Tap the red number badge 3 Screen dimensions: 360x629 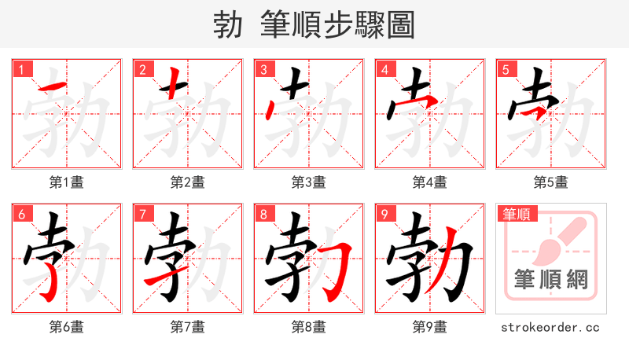pyautogui.click(x=264, y=69)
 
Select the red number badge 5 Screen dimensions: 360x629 pyautogui.click(x=506, y=69)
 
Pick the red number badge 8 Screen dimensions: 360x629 pyautogui.click(x=264, y=214)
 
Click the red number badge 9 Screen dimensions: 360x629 pyautogui.click(x=385, y=214)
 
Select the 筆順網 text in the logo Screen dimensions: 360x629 pyautogui.click(x=551, y=280)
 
